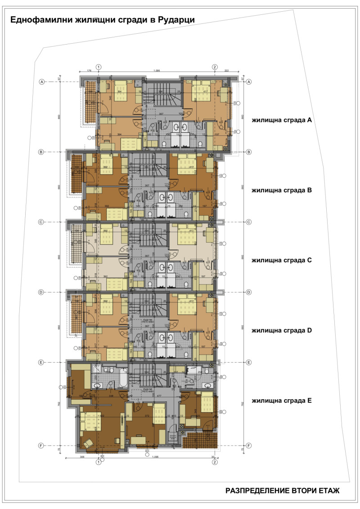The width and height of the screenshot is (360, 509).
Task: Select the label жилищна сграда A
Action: point(282,120)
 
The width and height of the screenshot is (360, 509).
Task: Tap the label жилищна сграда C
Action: point(282,260)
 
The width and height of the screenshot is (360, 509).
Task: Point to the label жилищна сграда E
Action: point(282,400)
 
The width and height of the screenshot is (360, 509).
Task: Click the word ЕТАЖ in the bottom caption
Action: point(325,491)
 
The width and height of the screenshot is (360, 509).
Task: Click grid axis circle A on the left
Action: point(42,82)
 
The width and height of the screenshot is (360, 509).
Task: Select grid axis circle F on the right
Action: point(248,446)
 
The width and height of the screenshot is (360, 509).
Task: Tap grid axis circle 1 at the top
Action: point(99,67)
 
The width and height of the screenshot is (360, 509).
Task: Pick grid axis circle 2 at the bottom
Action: point(215,462)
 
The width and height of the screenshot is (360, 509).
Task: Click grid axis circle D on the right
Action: point(248,292)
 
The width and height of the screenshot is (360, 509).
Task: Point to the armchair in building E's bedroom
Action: point(88,443)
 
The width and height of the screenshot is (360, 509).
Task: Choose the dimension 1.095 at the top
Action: point(157,71)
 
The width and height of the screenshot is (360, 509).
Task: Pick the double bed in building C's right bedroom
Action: point(186,236)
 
